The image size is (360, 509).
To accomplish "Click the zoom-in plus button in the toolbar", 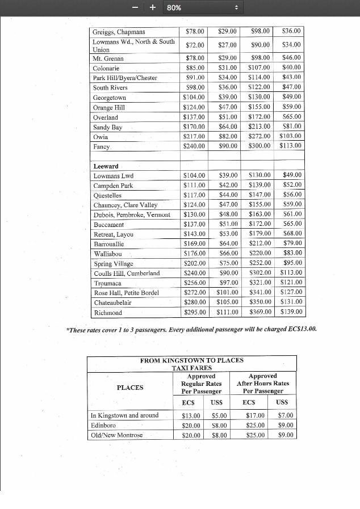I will [152, 7].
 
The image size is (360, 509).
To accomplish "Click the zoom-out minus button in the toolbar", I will [135, 7].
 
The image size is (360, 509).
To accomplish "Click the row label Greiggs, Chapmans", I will [119, 32].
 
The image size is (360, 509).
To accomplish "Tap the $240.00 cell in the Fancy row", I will [194, 146].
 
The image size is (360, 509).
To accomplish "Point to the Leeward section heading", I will [106, 166].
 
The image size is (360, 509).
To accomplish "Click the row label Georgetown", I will [110, 98].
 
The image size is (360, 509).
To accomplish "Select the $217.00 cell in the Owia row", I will [194, 137].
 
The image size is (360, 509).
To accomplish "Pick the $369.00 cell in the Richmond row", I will [259, 312].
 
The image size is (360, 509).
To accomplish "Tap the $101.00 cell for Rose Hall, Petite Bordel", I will [227, 293].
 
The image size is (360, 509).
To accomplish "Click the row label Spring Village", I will [114, 263].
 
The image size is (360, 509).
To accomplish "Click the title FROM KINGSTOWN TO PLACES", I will [191, 360].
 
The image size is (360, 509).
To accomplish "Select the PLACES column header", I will [130, 388].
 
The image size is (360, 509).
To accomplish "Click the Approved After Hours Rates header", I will [262, 383].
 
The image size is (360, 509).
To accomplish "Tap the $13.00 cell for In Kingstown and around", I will [191, 415].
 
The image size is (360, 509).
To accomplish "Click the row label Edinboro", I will [103, 425].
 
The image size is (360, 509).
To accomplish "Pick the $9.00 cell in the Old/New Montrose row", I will [286, 435].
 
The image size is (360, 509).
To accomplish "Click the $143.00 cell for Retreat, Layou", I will [194, 234].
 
